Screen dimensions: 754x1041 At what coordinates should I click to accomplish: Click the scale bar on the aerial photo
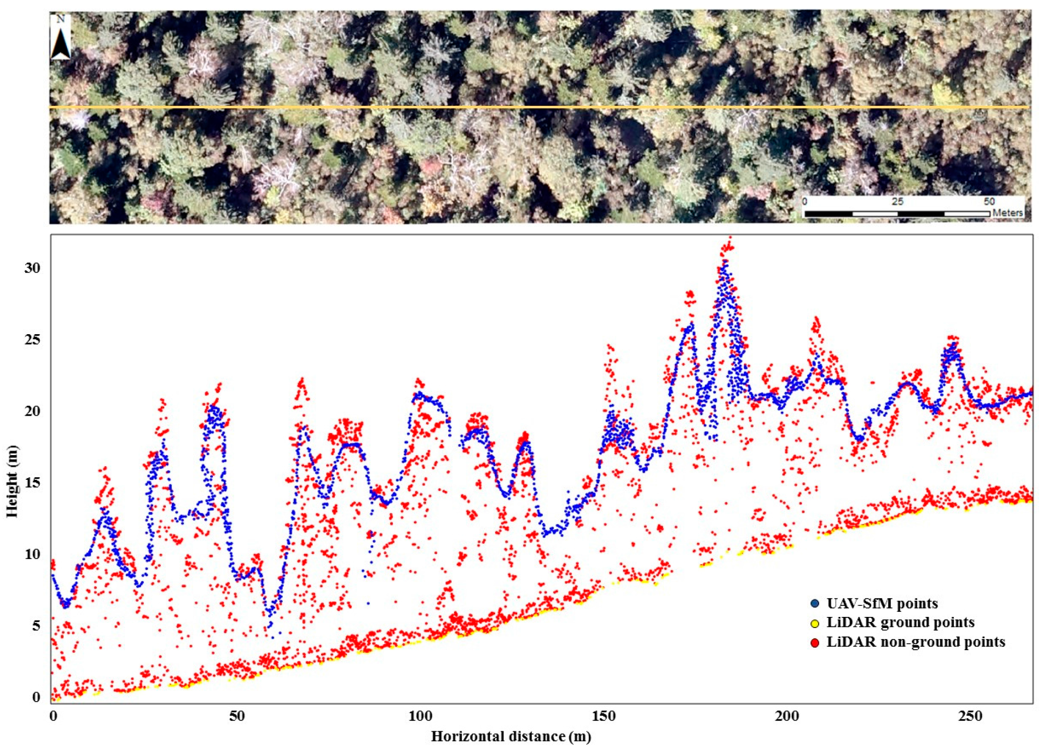(897, 214)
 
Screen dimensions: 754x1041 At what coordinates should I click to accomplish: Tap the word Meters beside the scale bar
(1007, 213)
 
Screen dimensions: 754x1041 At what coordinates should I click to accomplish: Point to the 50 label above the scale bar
(989, 202)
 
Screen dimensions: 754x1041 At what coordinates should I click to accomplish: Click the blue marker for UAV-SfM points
(815, 603)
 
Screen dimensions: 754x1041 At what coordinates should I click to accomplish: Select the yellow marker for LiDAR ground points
(815, 623)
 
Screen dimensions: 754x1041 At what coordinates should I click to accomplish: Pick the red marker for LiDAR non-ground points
(815, 643)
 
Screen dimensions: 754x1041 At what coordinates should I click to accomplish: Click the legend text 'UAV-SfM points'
(882, 603)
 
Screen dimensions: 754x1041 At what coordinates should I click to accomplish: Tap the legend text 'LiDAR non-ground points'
(915, 642)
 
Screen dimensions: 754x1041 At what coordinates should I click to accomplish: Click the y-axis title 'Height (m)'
(12, 481)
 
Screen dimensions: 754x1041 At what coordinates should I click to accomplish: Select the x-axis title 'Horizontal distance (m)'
(511, 736)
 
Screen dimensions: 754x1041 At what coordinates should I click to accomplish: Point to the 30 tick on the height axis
(32, 268)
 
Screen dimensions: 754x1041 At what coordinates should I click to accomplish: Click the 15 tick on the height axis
(32, 482)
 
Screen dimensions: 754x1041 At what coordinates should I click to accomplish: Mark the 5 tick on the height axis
(36, 625)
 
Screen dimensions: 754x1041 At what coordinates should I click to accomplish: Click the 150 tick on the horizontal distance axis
(603, 716)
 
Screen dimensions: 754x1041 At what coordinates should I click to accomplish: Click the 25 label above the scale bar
(897, 202)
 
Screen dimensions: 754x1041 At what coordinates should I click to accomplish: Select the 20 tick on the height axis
(32, 411)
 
